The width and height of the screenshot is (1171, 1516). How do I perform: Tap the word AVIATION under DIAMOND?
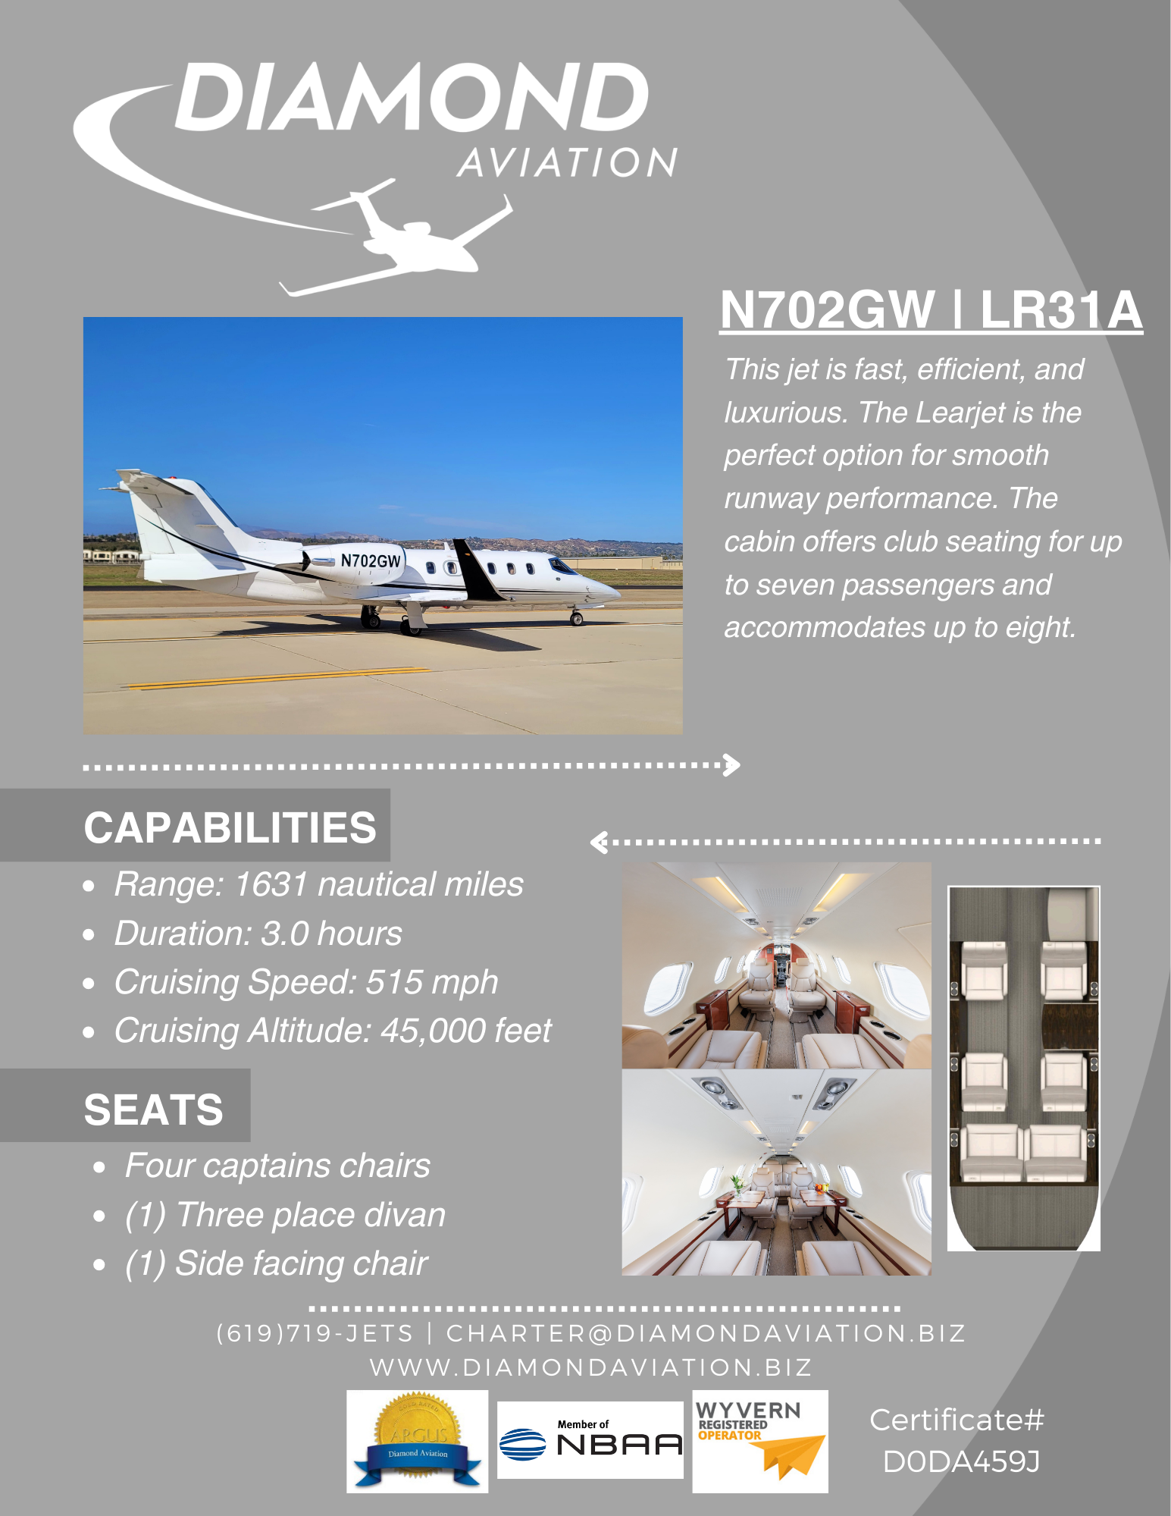[x=567, y=163]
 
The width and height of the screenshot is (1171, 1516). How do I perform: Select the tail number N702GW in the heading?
[x=827, y=310]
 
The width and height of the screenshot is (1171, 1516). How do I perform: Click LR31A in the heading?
[x=1060, y=310]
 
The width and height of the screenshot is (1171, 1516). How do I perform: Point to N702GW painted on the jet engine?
[x=370, y=560]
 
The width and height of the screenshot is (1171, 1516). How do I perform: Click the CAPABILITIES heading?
[x=230, y=827]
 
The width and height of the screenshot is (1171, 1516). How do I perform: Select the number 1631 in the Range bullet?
[x=271, y=884]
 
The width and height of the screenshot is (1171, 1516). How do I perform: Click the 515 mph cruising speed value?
[x=431, y=982]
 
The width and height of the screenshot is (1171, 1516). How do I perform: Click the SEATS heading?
[x=153, y=1110]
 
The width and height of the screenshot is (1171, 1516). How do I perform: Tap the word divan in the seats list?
[x=404, y=1214]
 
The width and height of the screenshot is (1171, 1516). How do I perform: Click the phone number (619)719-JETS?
[x=315, y=1332]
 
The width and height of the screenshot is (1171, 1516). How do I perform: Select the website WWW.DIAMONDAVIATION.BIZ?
[x=590, y=1367]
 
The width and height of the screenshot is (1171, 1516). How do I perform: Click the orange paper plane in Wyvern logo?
[x=792, y=1455]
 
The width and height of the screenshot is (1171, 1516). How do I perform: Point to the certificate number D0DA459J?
[x=961, y=1461]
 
